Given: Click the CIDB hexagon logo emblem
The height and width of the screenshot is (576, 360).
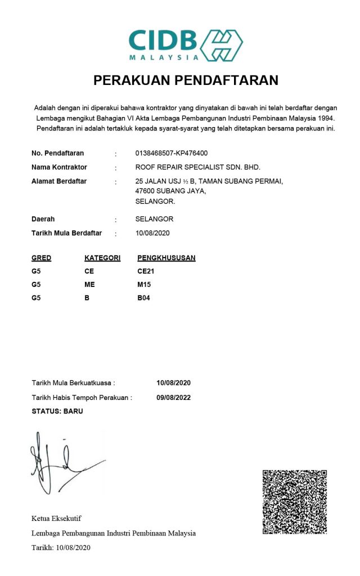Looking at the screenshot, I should pos(222,45).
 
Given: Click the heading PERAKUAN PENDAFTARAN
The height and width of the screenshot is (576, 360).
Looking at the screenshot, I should pos(186,80).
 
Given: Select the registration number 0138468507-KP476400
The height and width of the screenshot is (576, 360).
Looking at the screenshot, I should pos(172,153).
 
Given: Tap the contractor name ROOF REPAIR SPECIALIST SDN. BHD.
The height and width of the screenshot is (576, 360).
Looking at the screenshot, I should pos(197,167).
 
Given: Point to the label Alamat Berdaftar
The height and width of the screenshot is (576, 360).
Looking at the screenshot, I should pos(59,181).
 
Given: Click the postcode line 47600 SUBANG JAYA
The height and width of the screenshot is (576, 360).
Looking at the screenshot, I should pos(170,191).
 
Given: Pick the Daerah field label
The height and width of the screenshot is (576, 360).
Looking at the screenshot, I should pos(43,219).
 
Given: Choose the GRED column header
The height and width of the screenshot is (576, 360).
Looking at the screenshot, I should pos(42,258).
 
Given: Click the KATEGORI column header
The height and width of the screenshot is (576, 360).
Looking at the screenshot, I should pos(102,258).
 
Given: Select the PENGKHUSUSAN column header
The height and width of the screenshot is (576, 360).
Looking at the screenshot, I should pos(166,258).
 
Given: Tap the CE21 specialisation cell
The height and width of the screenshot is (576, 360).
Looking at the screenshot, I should pos(146,271).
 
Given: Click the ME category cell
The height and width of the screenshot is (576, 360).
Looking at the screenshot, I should pos(89,285).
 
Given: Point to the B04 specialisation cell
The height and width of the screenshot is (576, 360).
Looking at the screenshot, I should pos(144,298).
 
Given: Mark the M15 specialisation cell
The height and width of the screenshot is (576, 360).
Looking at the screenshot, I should pos(144,285).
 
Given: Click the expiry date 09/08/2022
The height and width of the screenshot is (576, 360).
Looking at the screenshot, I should pos(174,397).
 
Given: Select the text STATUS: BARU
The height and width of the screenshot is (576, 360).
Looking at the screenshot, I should pos(57,411).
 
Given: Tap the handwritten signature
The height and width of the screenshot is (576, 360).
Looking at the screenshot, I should pos(62,464).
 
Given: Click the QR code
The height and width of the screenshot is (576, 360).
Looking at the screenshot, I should pos(295,502).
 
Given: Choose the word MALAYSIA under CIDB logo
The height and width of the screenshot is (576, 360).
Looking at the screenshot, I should pos(164,57).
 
